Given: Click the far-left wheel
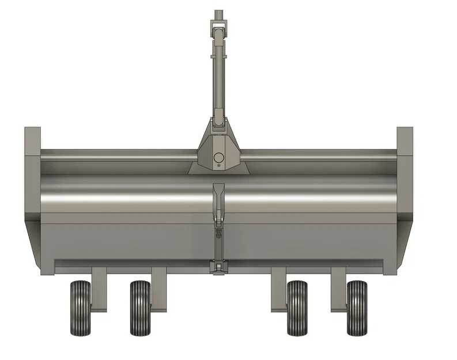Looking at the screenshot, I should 80,308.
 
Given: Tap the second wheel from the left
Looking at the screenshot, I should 140,308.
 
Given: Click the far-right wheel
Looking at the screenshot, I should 357,308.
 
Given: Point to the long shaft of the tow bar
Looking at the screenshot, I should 218,75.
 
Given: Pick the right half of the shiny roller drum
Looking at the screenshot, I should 311,196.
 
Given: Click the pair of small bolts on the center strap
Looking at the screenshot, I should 218,234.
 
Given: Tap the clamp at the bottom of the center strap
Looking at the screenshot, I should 218,266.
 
